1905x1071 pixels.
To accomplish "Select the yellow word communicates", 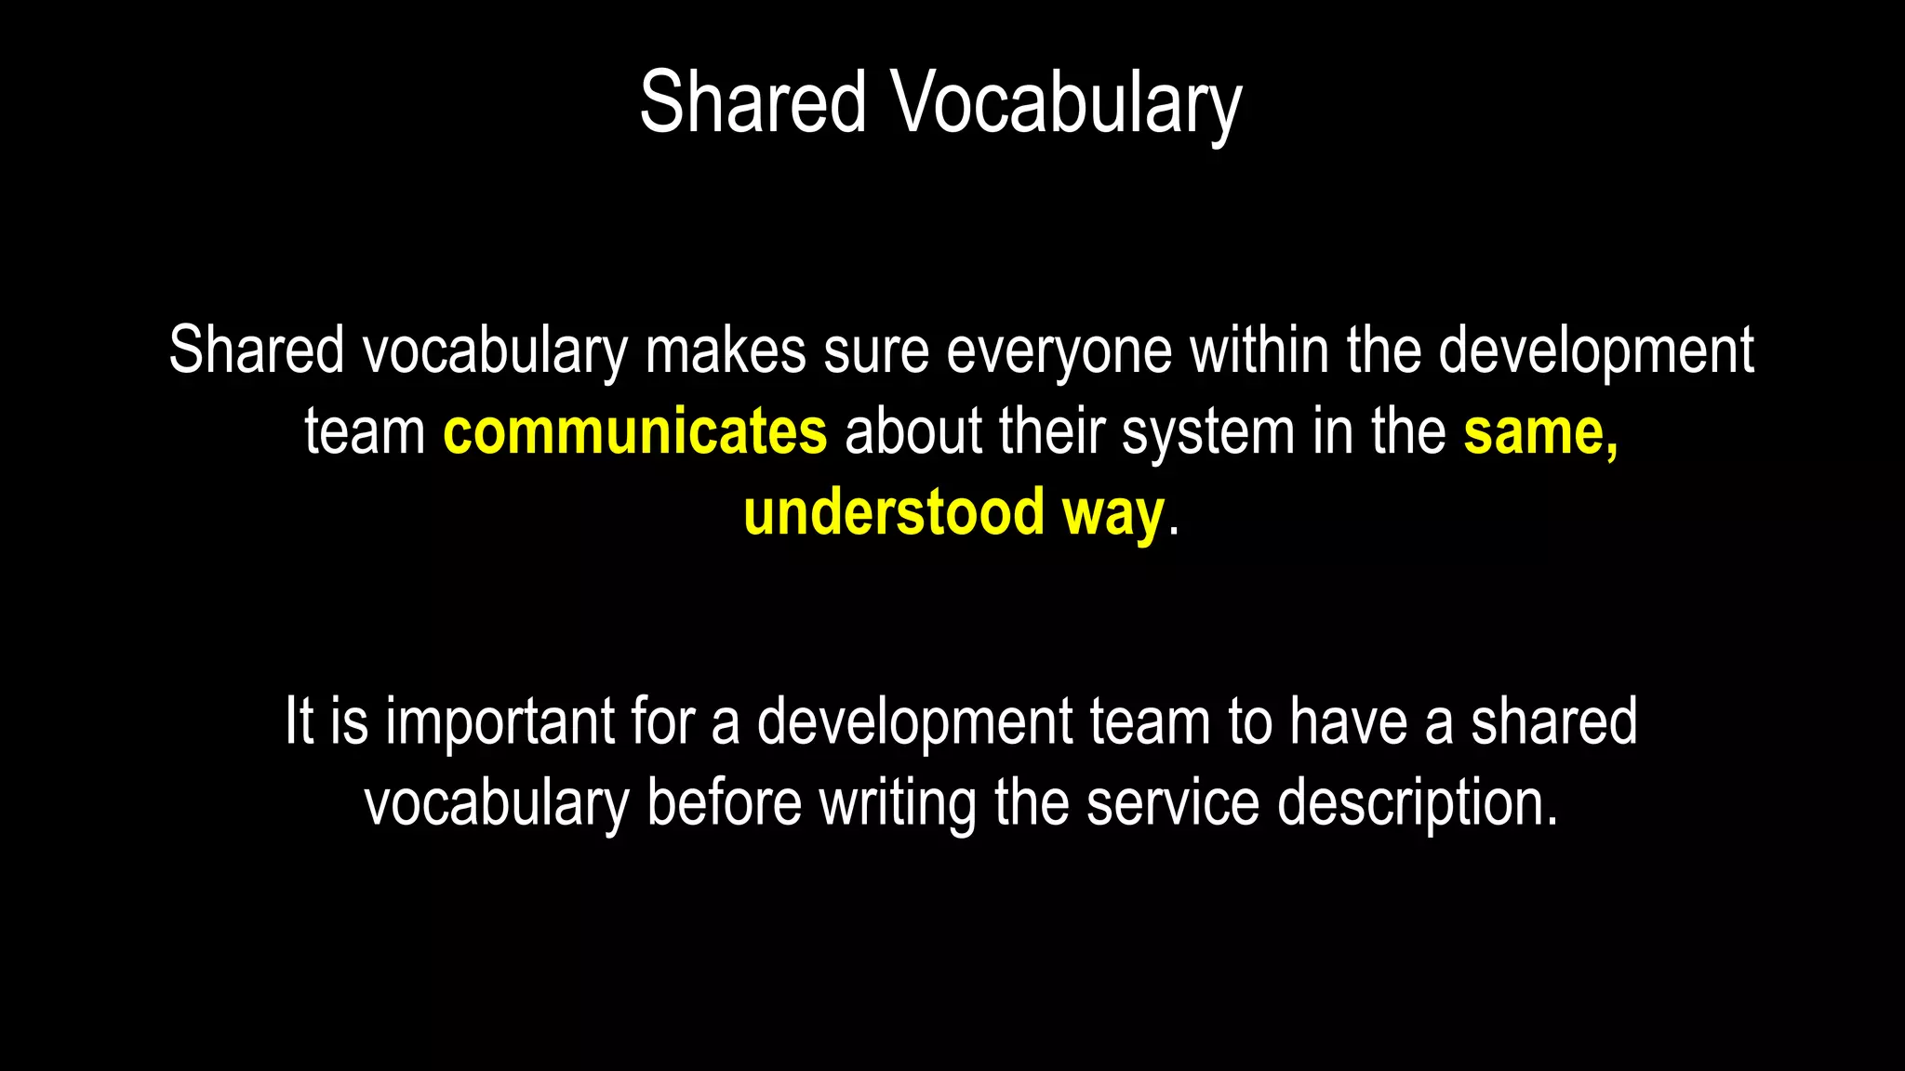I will click(634, 432).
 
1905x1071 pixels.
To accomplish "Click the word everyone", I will click(1059, 351).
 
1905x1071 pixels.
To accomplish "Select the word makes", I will click(726, 351).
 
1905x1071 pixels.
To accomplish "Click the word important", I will click(500, 722).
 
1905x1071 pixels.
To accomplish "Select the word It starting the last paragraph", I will click(299, 722).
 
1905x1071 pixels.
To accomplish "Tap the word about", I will click(913, 432).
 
